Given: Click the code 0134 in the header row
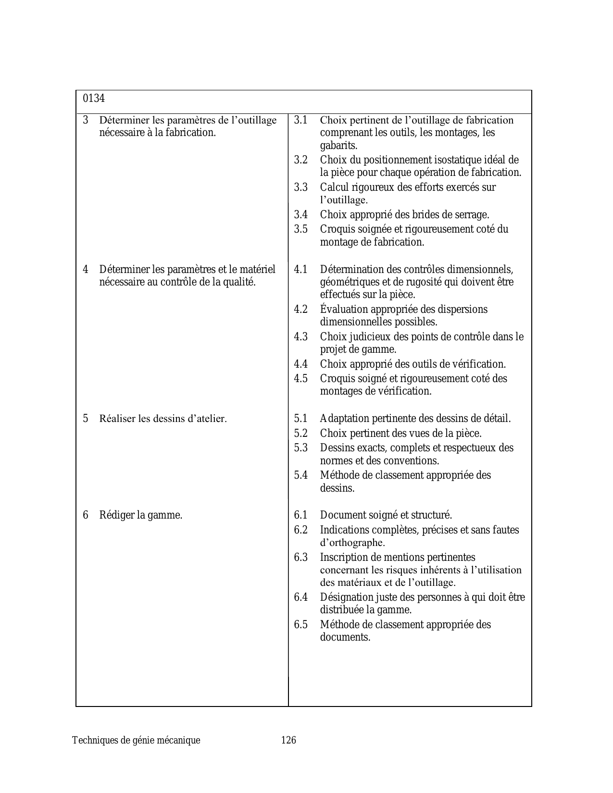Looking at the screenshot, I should [94, 99].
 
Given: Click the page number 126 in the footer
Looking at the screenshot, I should [288, 740].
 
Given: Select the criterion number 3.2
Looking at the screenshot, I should [300, 160].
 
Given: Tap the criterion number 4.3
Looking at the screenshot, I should [300, 336].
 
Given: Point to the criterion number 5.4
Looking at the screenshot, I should [300, 475].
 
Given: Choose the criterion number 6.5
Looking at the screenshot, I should [300, 624].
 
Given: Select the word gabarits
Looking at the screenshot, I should [338, 145].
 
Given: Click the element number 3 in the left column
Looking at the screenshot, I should [86, 120].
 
